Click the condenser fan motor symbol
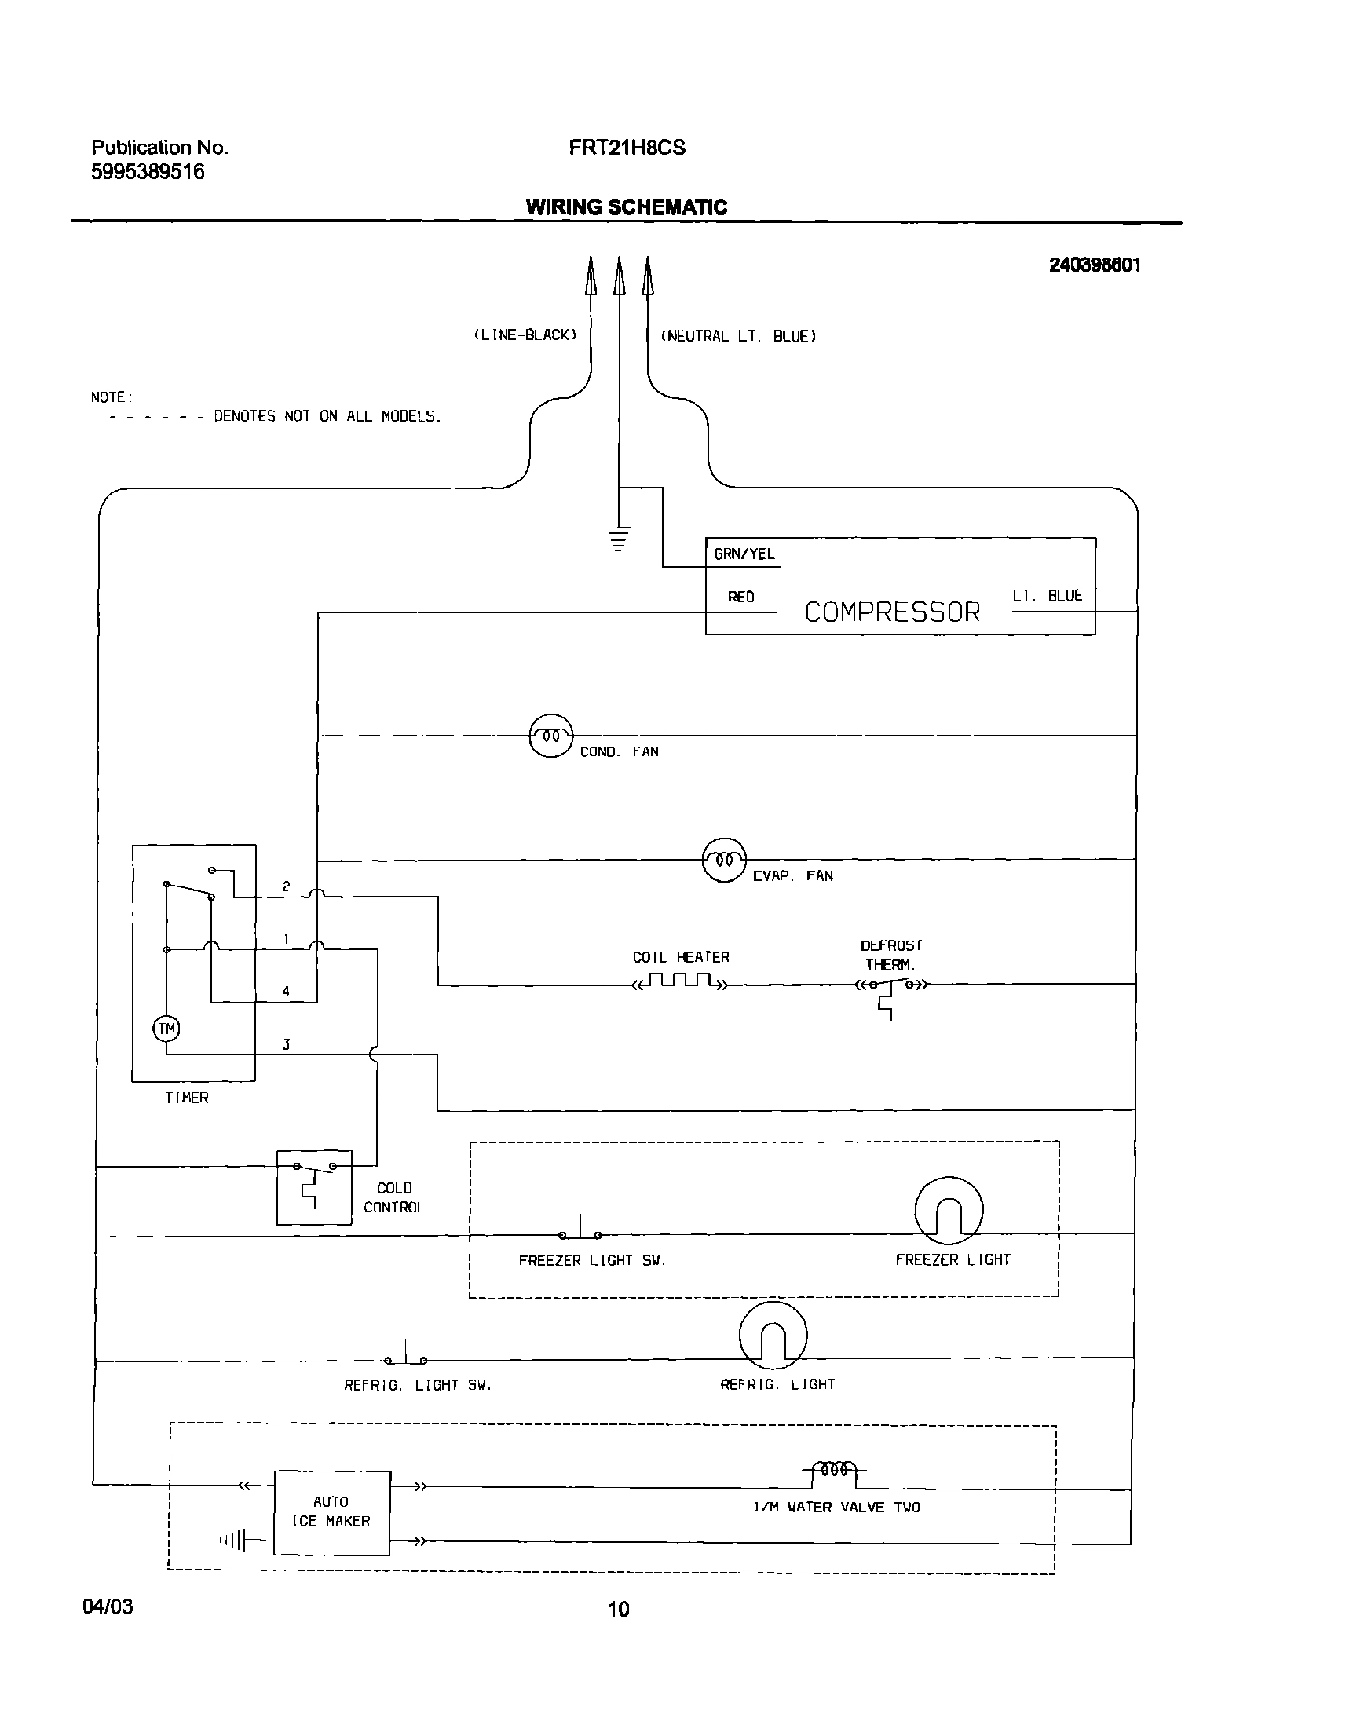pos(550,736)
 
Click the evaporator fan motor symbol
pos(724,859)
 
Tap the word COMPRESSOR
pos(892,612)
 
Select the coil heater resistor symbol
pos(680,982)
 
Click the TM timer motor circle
pos(166,1029)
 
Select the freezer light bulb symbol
pos(949,1211)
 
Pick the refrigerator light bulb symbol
pos(773,1336)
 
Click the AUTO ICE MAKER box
pos(332,1513)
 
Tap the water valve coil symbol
pos(834,1469)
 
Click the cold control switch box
pos(313,1188)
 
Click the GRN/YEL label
pos(744,554)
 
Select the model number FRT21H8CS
pos(627,148)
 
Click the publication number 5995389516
pos(148,172)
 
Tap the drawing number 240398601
pos(1095,265)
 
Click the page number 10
pos(618,1609)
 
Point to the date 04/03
pos(108,1606)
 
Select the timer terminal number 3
pos(286,1045)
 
